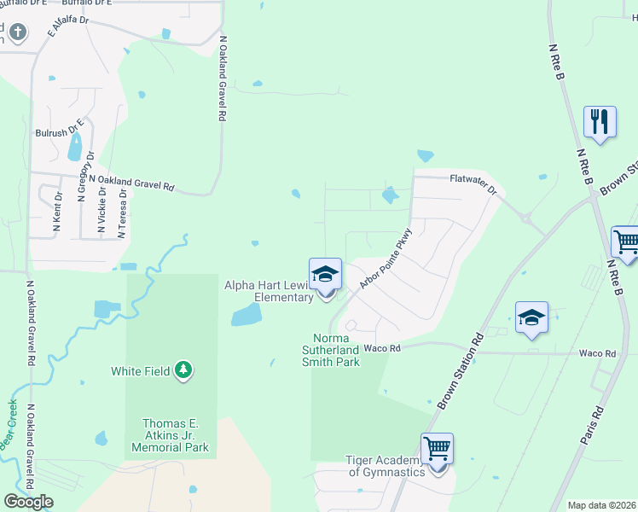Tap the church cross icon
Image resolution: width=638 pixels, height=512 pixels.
19,33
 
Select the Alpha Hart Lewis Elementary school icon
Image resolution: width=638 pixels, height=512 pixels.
325,275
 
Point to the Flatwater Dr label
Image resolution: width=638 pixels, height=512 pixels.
473,183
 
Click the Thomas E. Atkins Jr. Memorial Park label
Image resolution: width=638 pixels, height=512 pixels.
175,435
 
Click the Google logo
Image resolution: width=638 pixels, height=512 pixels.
28,502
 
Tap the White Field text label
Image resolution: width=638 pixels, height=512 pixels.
141,371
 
